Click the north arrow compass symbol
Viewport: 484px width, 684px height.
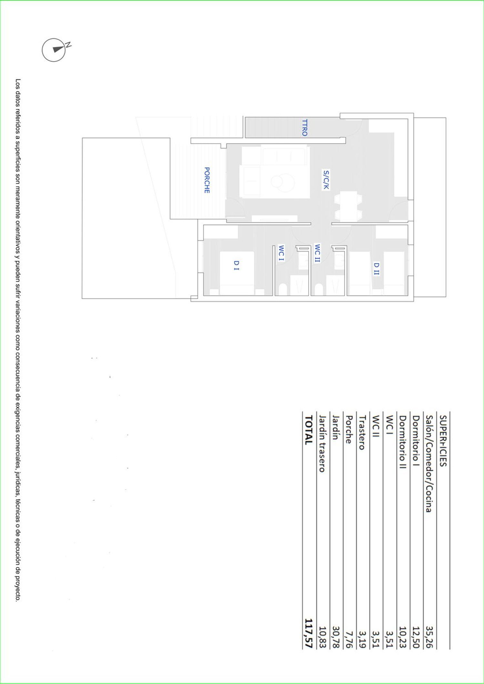click(54, 50)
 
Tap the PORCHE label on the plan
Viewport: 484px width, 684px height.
click(207, 180)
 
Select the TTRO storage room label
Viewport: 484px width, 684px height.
click(304, 128)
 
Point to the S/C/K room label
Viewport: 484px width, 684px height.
click(326, 180)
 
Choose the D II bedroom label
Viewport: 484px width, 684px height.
click(377, 269)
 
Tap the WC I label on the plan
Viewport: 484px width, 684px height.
click(281, 253)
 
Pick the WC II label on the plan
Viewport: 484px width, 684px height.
click(318, 253)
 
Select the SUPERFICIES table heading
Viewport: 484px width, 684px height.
click(443, 440)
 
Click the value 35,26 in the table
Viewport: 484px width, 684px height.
click(429, 637)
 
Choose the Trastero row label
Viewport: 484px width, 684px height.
click(362, 432)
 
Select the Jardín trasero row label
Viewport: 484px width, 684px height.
click(322, 444)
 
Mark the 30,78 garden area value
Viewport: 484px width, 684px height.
click(335, 637)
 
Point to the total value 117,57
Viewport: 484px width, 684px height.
click(308, 633)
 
